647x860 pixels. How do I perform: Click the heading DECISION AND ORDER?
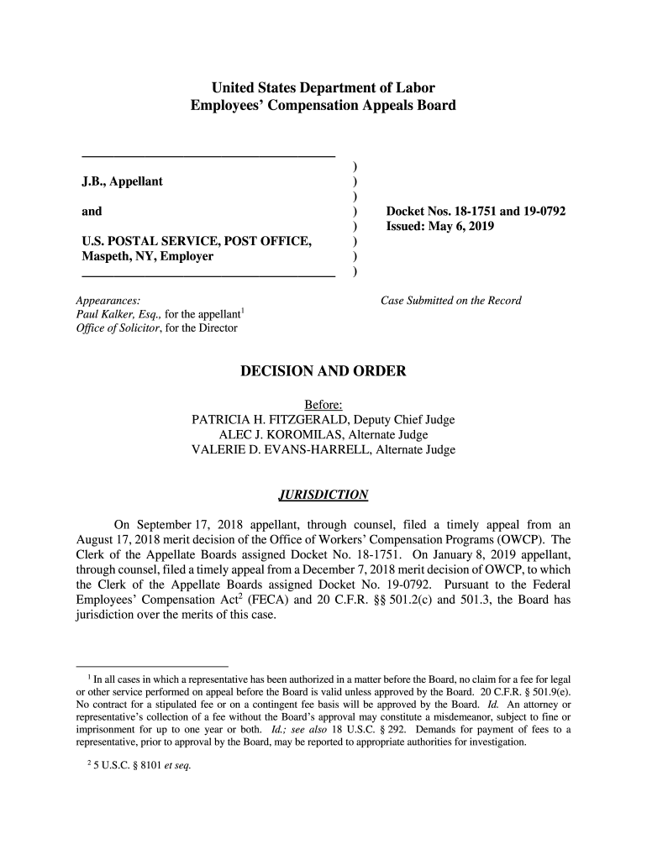point(323,371)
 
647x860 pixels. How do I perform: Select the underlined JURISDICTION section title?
point(323,495)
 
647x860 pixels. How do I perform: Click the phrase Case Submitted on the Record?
point(451,301)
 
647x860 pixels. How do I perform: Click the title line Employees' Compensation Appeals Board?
point(323,106)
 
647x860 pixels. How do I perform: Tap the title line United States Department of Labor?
point(323,87)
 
